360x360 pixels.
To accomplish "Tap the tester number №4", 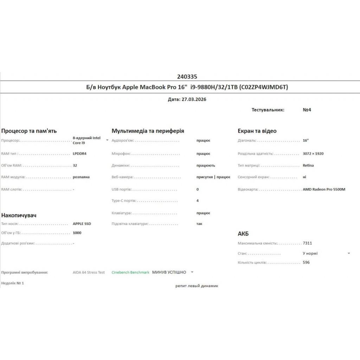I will coord(307,110).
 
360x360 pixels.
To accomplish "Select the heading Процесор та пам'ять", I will coord(29,131).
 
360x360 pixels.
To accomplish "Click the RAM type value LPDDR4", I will coord(79,154).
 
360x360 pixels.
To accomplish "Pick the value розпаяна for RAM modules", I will coord(81,177).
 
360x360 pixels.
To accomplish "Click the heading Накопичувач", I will coord(19,215).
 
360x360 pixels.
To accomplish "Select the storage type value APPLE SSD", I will coord(82,224).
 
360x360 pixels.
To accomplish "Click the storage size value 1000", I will coord(77,233).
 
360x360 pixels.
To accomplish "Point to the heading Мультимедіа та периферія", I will coord(148,131).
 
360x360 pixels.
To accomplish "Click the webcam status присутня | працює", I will coord(213,177).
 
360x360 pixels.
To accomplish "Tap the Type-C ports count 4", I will coord(198,201).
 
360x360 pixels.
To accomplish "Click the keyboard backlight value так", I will coord(199,224).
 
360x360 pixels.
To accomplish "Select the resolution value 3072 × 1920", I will coord(313,154).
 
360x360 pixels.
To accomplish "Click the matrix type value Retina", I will coord(308,165).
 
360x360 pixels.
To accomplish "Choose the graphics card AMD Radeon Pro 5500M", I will coord(324,189).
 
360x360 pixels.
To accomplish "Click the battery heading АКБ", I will coord(243,233).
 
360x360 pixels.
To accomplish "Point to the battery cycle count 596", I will coord(306,262).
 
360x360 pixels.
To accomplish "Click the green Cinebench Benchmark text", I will coord(130,272).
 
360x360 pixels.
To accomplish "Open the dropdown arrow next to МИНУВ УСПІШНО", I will coord(192,272).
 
